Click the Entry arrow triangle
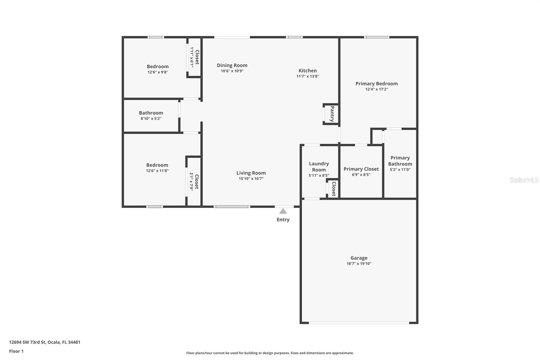[283, 211]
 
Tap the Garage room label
[359, 258]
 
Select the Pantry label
[332, 114]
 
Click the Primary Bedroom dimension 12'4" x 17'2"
[376, 89]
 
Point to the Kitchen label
[307, 71]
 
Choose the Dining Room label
[232, 66]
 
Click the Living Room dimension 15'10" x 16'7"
[251, 179]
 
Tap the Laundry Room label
[319, 166]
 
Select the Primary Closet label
[361, 169]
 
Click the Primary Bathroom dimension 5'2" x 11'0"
[400, 170]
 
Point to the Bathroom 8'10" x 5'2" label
[151, 113]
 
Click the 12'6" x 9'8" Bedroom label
[158, 67]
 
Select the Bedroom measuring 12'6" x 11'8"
[157, 165]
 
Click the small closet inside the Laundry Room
[333, 188]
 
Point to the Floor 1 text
[16, 351]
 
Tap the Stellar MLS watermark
[524, 180]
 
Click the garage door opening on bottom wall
[359, 323]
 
